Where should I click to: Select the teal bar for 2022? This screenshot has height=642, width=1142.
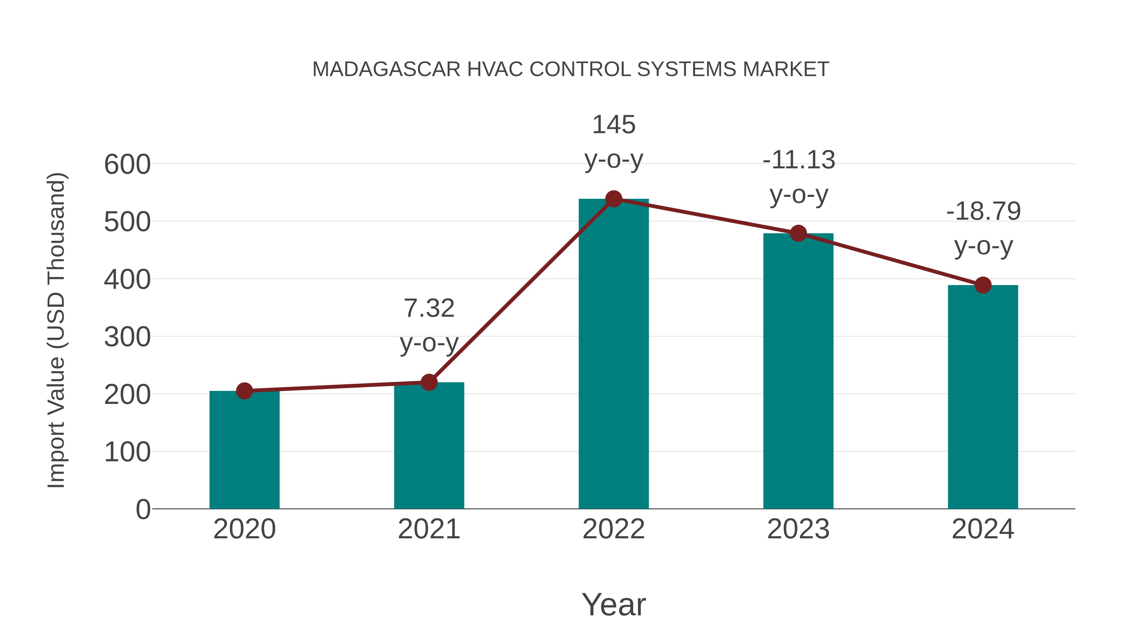[x=614, y=354]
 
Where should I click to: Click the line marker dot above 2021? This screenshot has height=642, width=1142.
[x=429, y=382]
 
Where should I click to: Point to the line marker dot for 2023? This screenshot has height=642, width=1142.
[x=798, y=233]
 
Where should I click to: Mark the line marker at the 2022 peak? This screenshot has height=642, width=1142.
[x=614, y=199]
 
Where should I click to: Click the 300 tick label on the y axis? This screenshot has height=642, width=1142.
[x=127, y=337]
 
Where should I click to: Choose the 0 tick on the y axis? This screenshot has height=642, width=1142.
[x=143, y=509]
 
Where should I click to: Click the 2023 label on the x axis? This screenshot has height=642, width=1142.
[x=798, y=529]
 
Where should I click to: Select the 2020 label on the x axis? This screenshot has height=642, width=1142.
[x=244, y=529]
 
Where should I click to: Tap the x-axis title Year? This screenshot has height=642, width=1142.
[x=614, y=604]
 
